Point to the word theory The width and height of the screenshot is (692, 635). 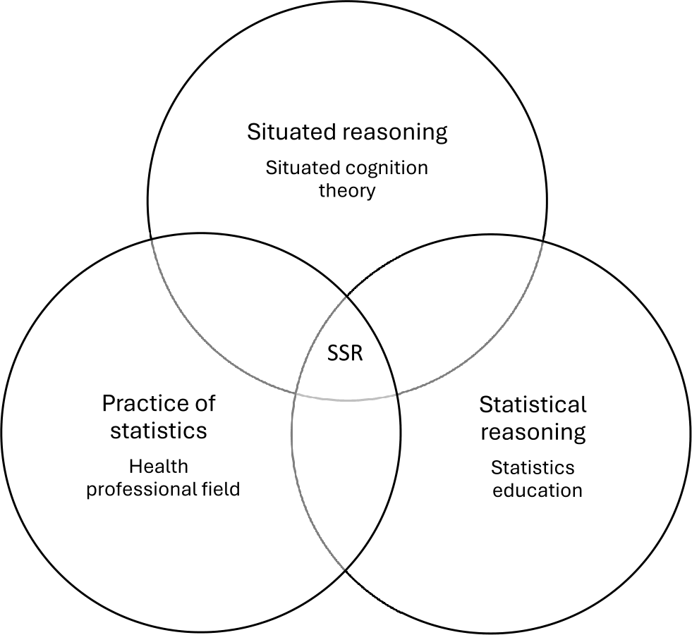coord(346,190)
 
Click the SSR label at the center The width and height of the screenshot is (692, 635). coord(345,353)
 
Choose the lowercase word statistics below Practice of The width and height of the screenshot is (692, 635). coord(158,430)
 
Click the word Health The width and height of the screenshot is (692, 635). coord(159,466)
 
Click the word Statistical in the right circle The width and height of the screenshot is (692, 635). coord(533,405)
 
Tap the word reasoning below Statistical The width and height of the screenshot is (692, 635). coord(533,432)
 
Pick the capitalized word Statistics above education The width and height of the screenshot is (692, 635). coord(533,467)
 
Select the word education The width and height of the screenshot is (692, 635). coord(537,490)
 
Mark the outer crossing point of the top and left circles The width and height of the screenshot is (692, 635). coord(152,239)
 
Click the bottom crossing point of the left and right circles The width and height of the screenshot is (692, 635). coord(346,570)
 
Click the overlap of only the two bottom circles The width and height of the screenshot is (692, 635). coord(346,479)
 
